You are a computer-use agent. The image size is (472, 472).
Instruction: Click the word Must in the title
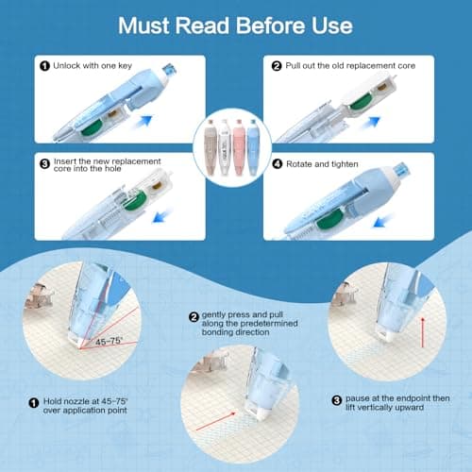[144, 25]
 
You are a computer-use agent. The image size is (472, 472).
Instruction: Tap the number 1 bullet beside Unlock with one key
[44, 66]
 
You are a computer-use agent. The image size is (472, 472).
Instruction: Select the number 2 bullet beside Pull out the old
[277, 66]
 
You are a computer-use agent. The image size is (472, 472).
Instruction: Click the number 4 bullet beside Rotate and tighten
[278, 164]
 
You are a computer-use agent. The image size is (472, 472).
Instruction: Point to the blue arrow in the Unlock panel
[143, 122]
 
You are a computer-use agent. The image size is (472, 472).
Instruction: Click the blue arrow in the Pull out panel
[371, 122]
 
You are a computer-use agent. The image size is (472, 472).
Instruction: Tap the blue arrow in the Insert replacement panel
[162, 216]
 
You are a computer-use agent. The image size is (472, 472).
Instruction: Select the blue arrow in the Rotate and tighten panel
[383, 220]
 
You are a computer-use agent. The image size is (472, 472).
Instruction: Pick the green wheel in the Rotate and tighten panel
[329, 218]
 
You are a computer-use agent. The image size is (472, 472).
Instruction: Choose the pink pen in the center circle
[239, 146]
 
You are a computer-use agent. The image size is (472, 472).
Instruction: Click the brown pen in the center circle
[211, 146]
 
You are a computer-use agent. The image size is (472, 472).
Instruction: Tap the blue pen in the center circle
[253, 146]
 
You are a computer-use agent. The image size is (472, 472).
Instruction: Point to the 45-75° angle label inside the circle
[109, 342]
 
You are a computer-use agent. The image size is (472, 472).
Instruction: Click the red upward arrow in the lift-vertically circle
[423, 332]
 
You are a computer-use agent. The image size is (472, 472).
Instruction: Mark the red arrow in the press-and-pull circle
[215, 421]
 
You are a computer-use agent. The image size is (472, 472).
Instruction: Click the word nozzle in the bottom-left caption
[76, 401]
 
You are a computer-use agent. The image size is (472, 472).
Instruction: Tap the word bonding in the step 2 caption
[218, 332]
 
